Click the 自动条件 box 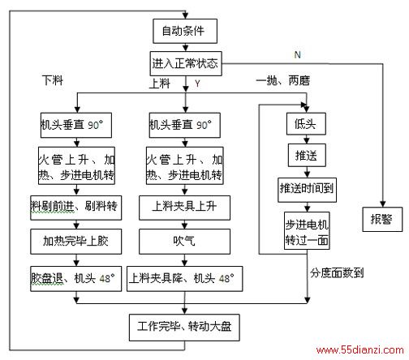[x=185, y=31]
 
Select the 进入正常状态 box [x=186, y=63]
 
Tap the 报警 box [x=382, y=219]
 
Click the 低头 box [x=306, y=124]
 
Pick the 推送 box [x=307, y=155]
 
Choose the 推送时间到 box [x=307, y=190]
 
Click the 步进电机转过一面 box [x=307, y=231]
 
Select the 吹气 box [x=184, y=242]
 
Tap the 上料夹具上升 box [x=184, y=208]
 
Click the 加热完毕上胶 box [x=76, y=242]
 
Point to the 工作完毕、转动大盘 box [x=184, y=328]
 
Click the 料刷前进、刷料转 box [x=76, y=208]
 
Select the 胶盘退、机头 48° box [x=76, y=279]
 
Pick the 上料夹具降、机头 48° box [x=184, y=279]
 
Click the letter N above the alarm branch [x=297, y=55]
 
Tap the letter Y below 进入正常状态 [x=197, y=84]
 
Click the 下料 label [x=53, y=80]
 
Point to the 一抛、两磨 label [x=282, y=80]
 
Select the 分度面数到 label [x=337, y=272]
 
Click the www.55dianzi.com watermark [x=359, y=349]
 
